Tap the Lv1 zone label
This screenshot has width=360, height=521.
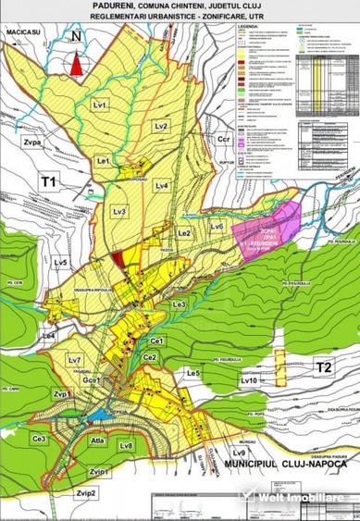pos(101,105)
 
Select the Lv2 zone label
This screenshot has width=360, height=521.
pos(160,125)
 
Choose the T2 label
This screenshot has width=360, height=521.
pos(322,366)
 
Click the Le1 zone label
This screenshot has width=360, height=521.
pos(104,162)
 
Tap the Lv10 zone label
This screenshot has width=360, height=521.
pos(247,380)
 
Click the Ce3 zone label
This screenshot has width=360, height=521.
pos(39,439)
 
